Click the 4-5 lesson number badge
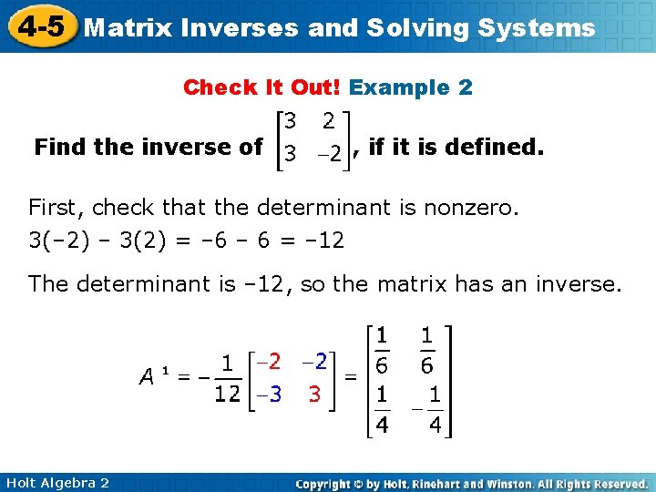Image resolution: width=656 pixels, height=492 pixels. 41,26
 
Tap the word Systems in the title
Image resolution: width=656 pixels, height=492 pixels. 537,27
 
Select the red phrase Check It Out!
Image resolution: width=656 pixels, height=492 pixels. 262,87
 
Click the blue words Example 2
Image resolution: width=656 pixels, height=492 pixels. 411,87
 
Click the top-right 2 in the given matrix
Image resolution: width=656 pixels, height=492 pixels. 327,119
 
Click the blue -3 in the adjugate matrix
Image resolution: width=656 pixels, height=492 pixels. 268,395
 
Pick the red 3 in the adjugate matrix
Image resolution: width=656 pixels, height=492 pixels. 313,395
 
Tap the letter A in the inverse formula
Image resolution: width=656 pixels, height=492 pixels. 147,375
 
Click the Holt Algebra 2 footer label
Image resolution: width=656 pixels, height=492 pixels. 56,482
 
